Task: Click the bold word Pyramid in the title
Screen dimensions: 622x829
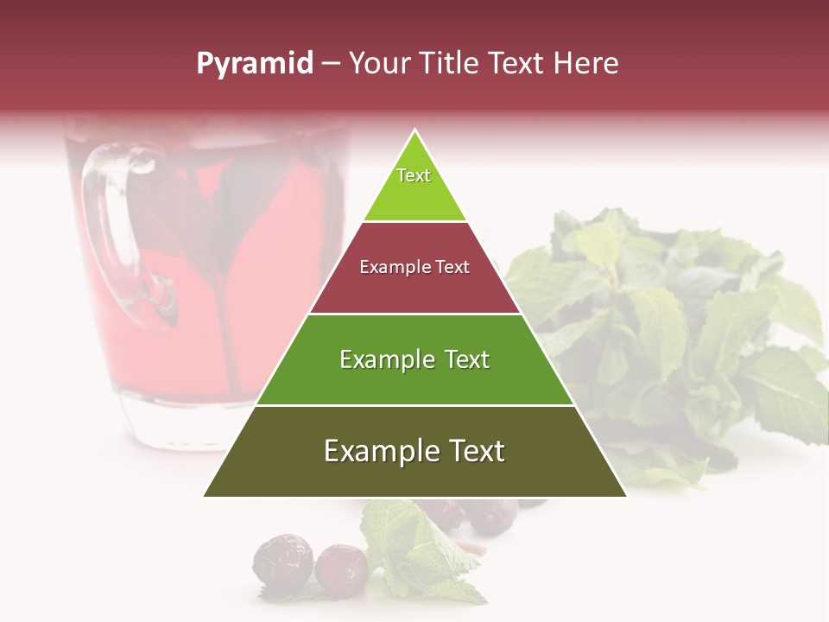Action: point(254,64)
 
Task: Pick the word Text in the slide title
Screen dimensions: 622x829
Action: point(516,64)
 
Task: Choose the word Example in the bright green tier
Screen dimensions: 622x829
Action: point(385,359)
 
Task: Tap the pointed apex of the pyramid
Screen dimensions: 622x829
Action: point(415,132)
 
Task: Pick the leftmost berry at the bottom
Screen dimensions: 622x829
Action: point(282,559)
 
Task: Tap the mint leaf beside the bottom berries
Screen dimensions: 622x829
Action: point(414,544)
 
